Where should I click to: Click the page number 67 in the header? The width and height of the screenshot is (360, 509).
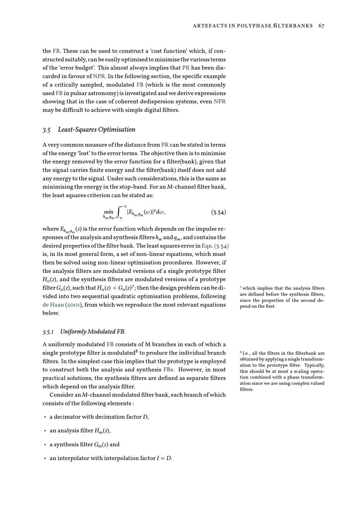(x=321, y=26)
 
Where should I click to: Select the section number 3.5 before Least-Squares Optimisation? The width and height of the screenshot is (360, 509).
(x=46, y=130)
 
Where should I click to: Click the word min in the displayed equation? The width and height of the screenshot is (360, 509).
(x=108, y=212)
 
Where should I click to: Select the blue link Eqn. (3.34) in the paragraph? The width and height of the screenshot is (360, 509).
(x=215, y=246)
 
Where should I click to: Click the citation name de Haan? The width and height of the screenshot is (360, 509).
(x=53, y=305)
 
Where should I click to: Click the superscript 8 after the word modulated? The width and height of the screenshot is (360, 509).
(x=136, y=351)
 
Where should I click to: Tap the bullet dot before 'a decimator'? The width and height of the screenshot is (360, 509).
(x=45, y=417)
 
